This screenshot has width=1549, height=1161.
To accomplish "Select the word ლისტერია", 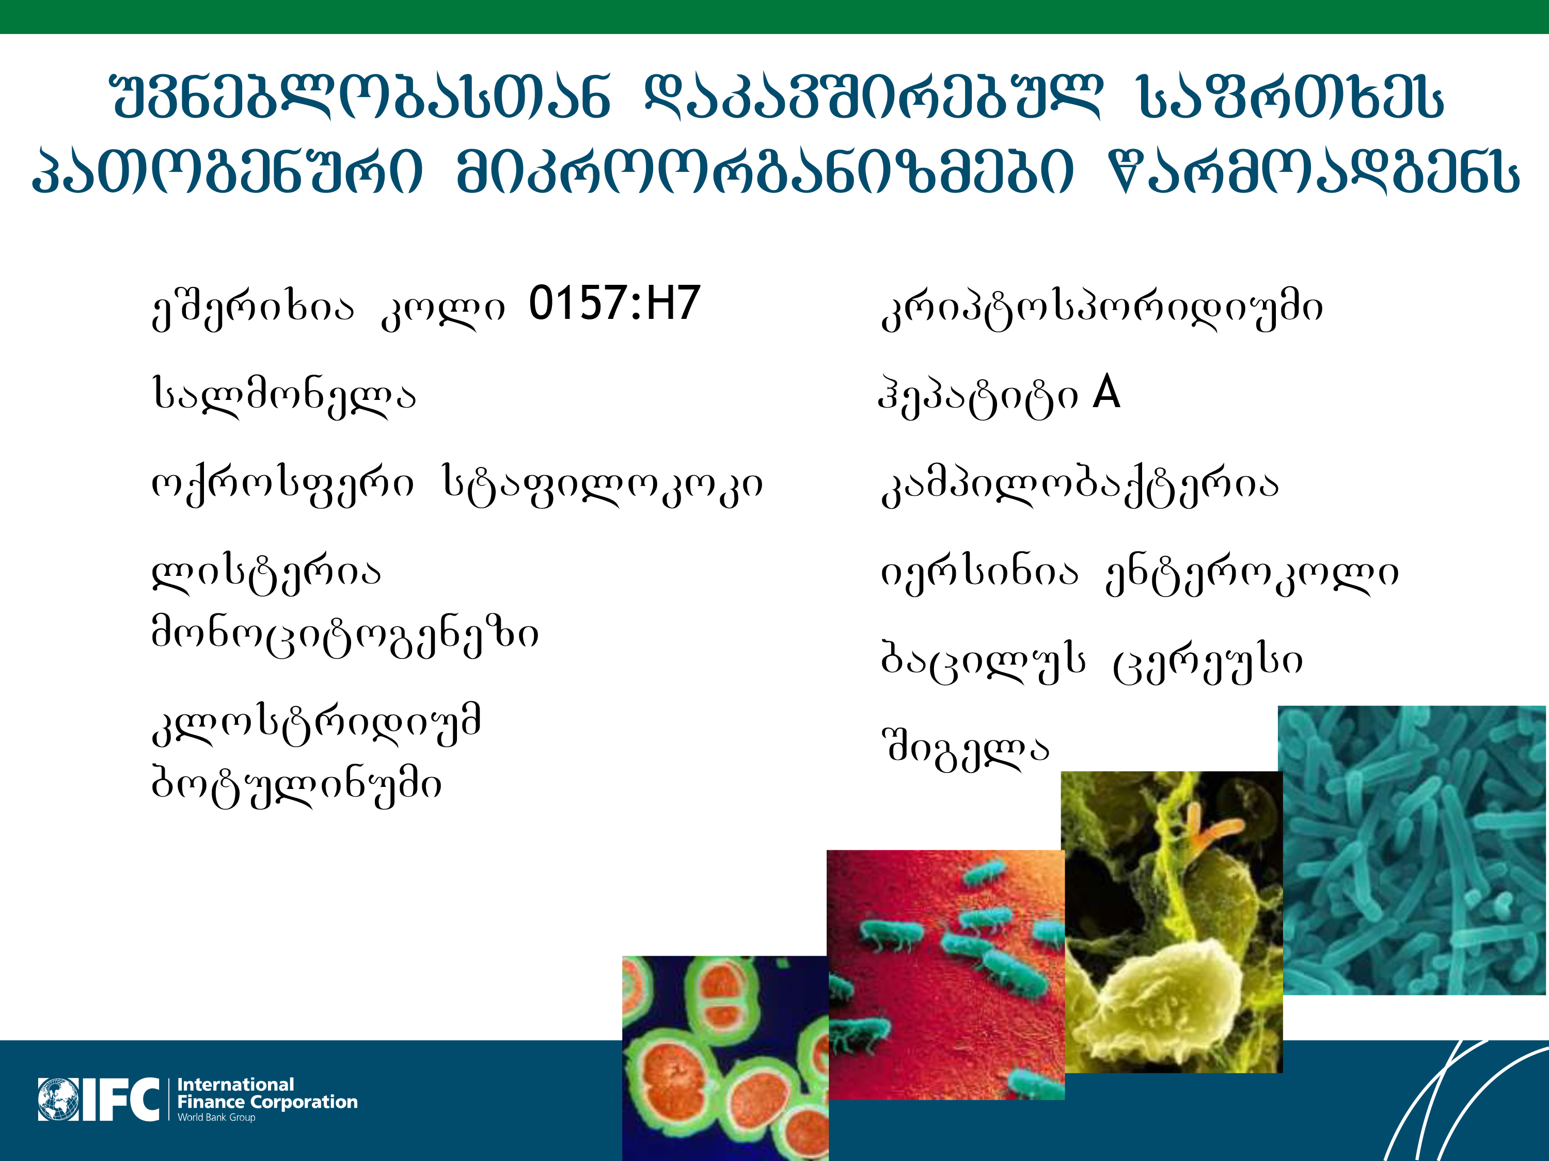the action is pos(267,574).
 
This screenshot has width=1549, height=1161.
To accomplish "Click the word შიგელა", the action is pos(966,749).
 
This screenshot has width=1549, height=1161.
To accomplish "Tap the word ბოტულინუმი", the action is pos(297,786).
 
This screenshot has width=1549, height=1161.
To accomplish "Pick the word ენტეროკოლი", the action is pos(1252,574).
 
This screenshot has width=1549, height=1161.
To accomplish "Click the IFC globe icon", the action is pos(58,1100).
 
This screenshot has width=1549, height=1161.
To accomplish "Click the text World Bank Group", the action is pos(216,1118).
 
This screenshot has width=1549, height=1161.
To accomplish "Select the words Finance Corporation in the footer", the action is pos(267,1102).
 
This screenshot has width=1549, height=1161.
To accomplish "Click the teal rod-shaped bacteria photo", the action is pos(1413,850).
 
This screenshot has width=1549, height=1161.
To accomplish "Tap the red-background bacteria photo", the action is pos(946,975).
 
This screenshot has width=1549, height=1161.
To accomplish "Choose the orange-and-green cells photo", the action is pos(725,1058).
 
